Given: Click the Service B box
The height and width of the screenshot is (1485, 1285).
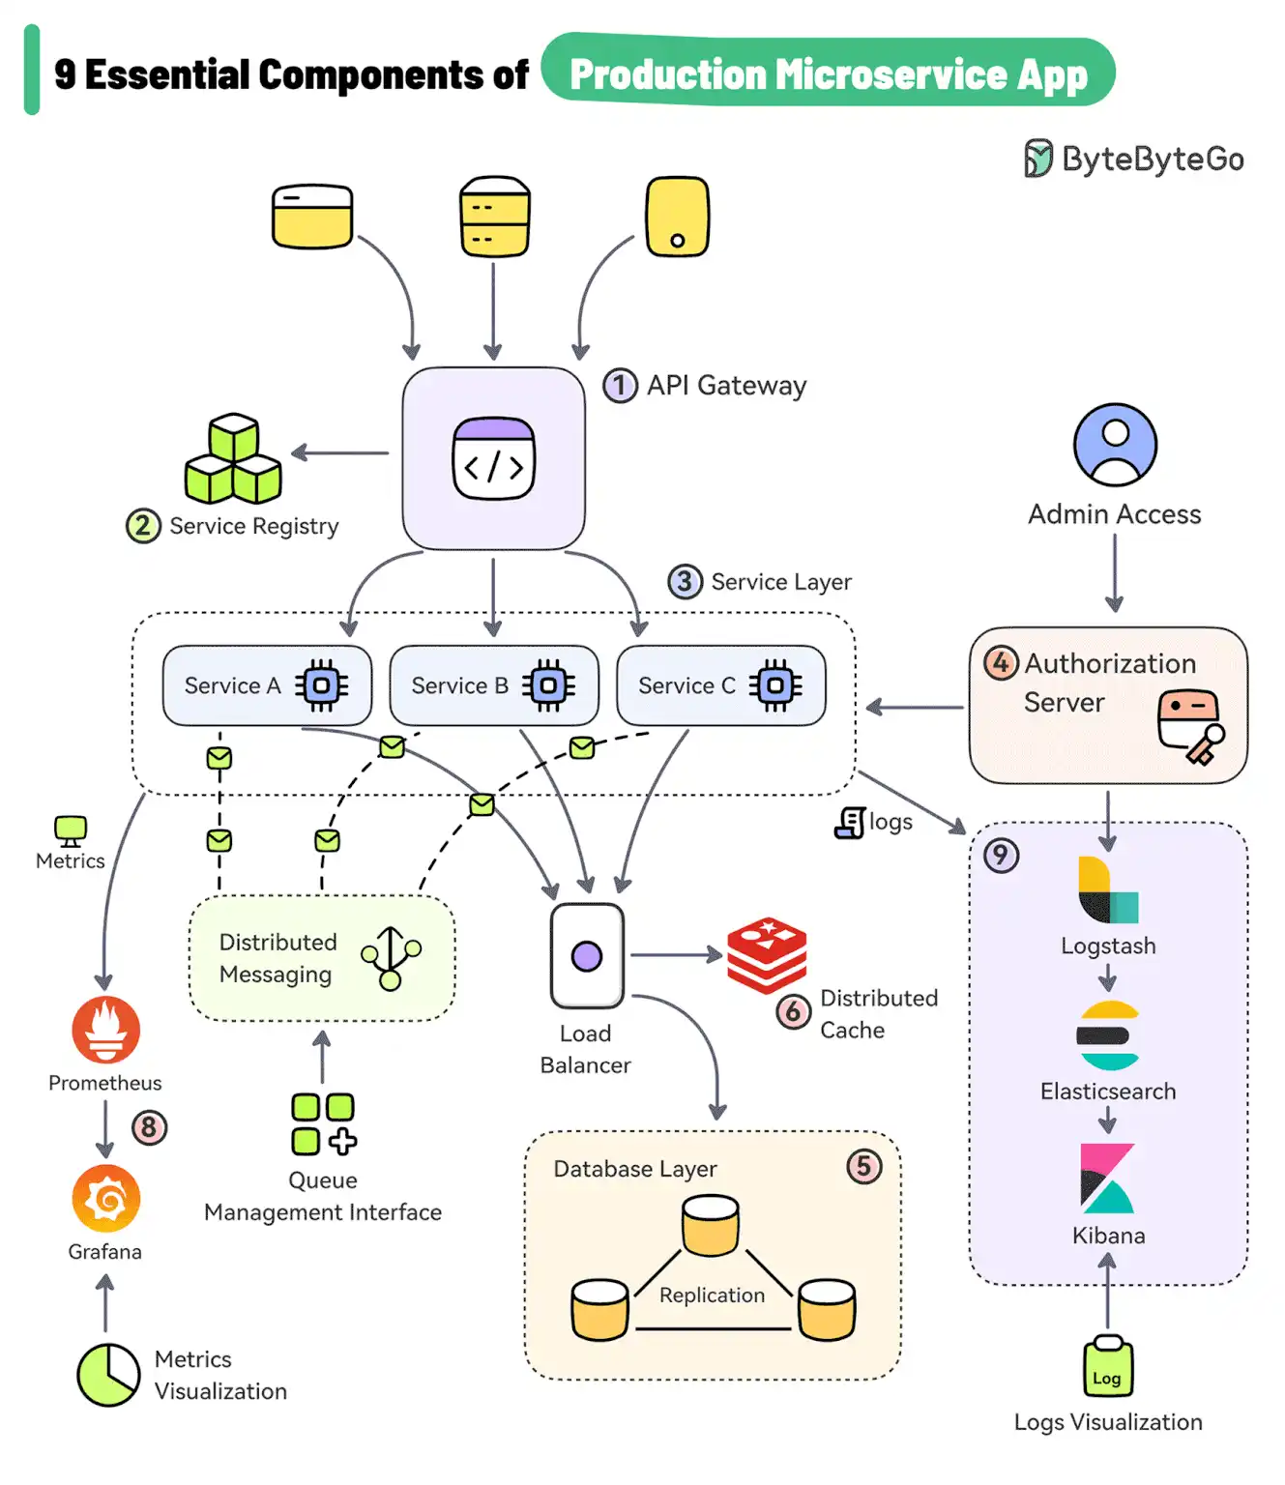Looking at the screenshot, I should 493,685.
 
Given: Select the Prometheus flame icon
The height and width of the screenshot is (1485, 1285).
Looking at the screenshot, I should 105,1030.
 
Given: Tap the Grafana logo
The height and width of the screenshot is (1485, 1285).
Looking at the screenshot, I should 105,1199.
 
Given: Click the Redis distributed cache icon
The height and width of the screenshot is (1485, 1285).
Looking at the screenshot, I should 767,954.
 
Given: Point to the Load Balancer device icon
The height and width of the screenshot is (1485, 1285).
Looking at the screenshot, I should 587,956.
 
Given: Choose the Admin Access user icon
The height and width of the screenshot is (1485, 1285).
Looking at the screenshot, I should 1115,445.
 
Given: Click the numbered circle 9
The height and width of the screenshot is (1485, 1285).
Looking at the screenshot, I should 1001,856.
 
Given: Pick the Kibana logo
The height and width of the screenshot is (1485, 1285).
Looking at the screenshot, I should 1107,1179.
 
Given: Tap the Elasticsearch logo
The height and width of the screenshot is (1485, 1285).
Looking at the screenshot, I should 1108,1035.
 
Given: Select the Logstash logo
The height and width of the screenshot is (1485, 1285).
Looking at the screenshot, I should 1108,890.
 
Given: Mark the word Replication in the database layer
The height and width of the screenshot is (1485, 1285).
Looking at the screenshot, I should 712,1296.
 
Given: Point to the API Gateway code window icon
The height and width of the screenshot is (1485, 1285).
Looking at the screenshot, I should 494,459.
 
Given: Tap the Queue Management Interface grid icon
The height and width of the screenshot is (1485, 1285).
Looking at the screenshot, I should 323,1124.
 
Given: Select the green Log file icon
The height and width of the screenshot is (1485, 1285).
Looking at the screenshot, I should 1107,1368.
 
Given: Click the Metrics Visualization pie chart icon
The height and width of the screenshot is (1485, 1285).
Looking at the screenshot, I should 108,1374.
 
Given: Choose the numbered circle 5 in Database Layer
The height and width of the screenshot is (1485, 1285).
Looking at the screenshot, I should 863,1167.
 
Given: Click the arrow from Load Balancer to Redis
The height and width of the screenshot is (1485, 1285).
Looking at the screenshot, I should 676,955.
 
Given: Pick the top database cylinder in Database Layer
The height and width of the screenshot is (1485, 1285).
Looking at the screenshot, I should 711,1225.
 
